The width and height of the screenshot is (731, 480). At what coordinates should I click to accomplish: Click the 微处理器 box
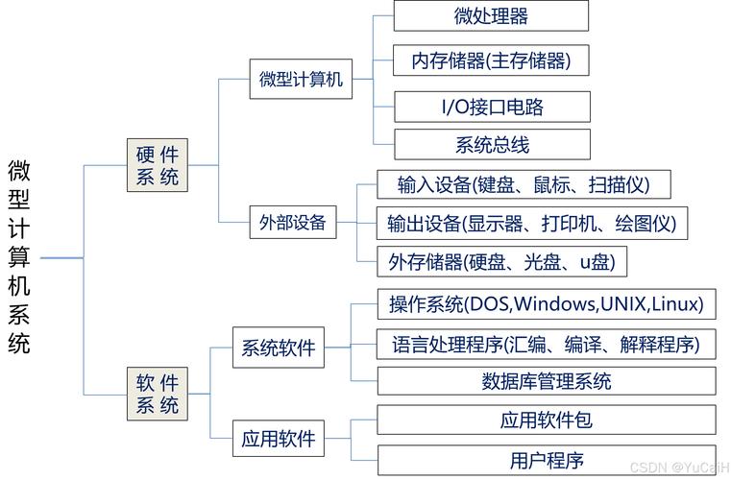[491, 15]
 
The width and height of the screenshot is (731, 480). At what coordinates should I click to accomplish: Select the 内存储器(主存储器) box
[491, 60]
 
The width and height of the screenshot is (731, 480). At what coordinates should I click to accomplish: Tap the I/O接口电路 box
[491, 106]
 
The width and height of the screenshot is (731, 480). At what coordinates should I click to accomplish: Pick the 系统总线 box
[491, 145]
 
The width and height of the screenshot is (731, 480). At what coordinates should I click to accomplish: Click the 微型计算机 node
[301, 80]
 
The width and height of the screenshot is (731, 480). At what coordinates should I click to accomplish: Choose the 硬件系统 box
[158, 164]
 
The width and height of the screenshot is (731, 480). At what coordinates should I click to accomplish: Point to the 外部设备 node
[293, 224]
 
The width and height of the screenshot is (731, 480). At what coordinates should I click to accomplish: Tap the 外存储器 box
[501, 261]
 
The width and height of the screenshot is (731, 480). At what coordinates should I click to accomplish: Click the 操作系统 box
[546, 305]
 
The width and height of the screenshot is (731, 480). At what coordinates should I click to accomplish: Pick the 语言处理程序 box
[546, 344]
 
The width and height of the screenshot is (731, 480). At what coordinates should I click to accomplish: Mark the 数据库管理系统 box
[546, 381]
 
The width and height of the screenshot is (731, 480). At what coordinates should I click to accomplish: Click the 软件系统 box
[158, 394]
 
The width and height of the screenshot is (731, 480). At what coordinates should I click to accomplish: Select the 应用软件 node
[279, 439]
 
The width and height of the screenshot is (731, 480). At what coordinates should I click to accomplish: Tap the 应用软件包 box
[546, 420]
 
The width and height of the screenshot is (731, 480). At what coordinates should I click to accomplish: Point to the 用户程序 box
[546, 459]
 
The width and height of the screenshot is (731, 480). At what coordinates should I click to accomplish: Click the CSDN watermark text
[673, 468]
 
